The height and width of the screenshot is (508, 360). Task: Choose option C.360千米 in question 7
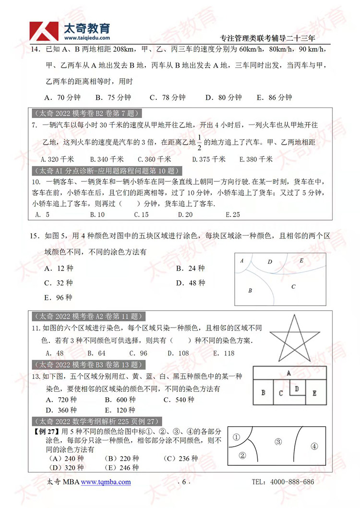pyautogui.click(x=154, y=159)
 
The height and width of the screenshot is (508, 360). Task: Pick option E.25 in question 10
pyautogui.click(x=232, y=214)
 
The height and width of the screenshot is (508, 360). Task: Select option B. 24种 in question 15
pyautogui.click(x=190, y=268)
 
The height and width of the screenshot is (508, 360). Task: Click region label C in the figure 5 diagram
pyautogui.click(x=293, y=286)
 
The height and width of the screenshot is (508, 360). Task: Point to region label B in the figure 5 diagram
pyautogui.click(x=250, y=290)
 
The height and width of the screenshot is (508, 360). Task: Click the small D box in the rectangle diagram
pyautogui.click(x=297, y=388)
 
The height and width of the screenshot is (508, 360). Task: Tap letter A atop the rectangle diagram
pyautogui.click(x=288, y=373)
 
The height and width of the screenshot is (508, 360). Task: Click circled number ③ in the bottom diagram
pyautogui.click(x=277, y=441)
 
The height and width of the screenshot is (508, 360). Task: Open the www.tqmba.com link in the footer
pyautogui.click(x=106, y=482)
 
